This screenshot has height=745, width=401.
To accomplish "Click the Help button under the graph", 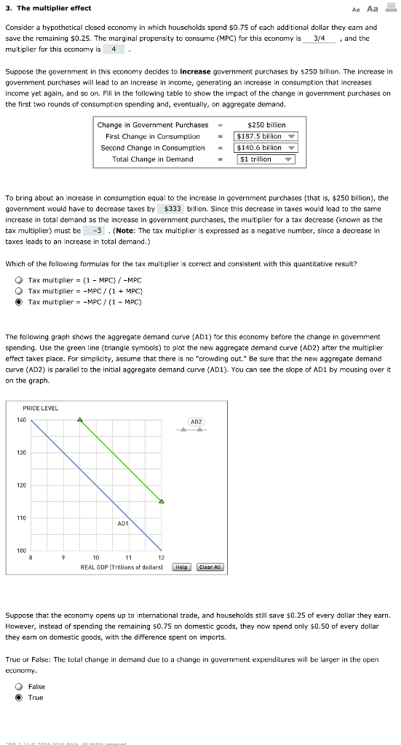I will coord(183,567).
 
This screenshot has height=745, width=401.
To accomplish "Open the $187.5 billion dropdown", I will coord(266,136).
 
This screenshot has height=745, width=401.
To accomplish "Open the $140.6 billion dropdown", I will coord(266,148).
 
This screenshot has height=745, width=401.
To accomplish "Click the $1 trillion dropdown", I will coord(266,159).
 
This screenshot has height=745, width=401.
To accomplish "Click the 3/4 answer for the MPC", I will coord(319,38).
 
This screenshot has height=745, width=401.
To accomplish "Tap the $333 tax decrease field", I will coord(172,208).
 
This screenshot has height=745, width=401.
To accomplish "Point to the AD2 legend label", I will coord(196,421).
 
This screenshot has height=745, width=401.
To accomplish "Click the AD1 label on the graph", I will coord(123,523).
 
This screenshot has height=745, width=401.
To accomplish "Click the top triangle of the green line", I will coord(81,421).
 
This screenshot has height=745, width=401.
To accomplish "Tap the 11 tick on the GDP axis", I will coord(129,557).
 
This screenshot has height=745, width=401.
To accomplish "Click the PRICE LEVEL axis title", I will coord(40,408).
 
